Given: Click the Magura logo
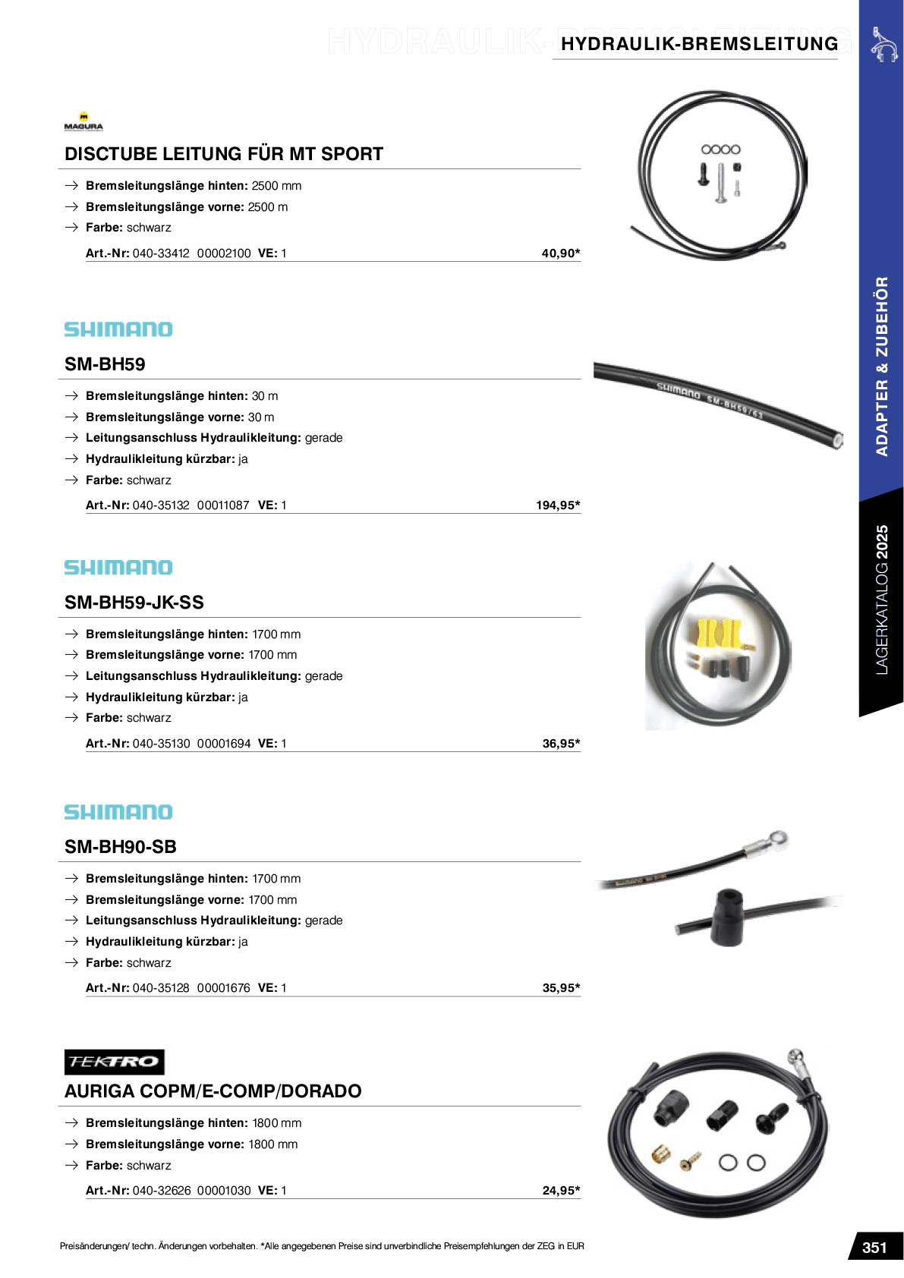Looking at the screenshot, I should click(83, 121).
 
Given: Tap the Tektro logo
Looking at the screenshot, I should click(114, 1061).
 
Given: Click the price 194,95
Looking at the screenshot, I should click(557, 505).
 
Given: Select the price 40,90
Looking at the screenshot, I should click(560, 253).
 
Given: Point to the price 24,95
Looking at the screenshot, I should click(560, 1191).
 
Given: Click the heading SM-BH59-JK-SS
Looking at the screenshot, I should click(134, 603).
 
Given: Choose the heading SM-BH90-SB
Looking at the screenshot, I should click(121, 847).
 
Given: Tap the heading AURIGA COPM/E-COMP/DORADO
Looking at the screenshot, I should click(213, 1091).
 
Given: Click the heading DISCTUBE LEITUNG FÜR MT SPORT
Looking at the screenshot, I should click(224, 154).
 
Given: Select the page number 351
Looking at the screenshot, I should click(874, 1248).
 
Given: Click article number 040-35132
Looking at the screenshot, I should click(161, 505).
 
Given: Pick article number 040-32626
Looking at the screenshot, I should click(162, 1191).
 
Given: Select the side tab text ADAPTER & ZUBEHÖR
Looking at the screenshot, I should click(881, 366).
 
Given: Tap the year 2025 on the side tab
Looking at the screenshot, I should click(881, 542).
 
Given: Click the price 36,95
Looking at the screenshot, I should click(560, 744).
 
